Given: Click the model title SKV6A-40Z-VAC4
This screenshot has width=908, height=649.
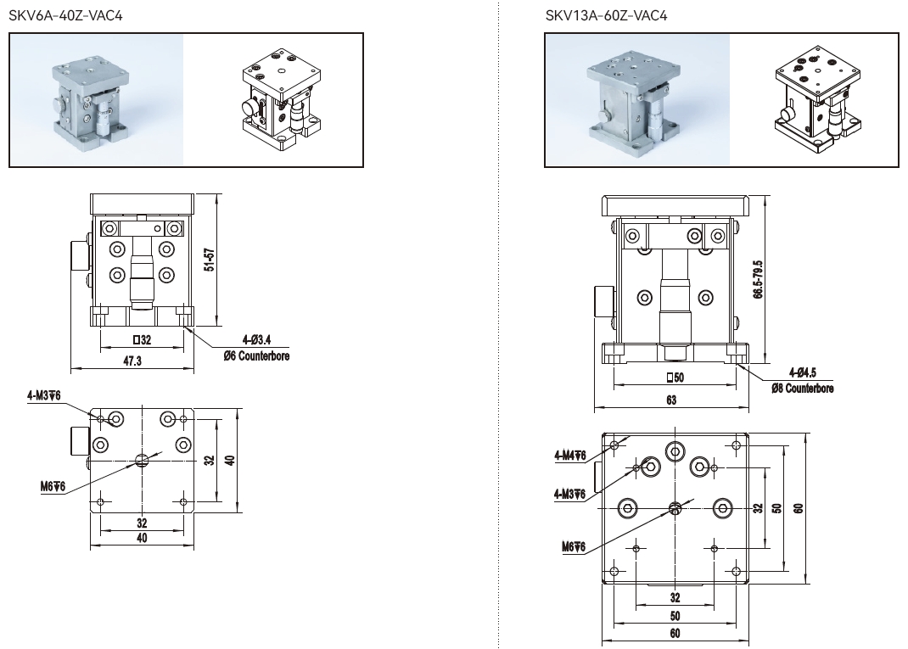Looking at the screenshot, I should tap(65, 15).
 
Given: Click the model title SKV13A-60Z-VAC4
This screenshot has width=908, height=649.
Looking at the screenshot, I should tap(604, 15).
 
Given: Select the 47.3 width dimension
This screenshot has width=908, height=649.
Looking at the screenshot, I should tap(132, 361).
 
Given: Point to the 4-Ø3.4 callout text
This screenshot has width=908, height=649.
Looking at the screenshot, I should tap(256, 341).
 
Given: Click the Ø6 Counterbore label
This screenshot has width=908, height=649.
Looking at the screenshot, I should tap(256, 356).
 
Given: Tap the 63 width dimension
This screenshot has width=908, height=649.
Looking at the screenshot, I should tap(671, 400).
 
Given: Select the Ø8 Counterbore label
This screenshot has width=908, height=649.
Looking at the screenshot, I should tap(802, 389).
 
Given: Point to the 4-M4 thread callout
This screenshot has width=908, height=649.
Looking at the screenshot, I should tap(569, 456).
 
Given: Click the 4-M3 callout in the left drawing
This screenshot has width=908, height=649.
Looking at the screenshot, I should tap(43, 395).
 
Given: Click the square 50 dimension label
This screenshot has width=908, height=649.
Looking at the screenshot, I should tap(675, 377).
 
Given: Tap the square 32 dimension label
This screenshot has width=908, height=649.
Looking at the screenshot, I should tap(142, 340).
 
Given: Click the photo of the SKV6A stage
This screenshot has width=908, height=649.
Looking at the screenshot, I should tap(97, 100).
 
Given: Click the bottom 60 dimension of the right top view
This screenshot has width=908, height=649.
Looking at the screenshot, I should tap(675, 632).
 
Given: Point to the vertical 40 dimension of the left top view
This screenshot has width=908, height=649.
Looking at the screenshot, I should tap(229, 460).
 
